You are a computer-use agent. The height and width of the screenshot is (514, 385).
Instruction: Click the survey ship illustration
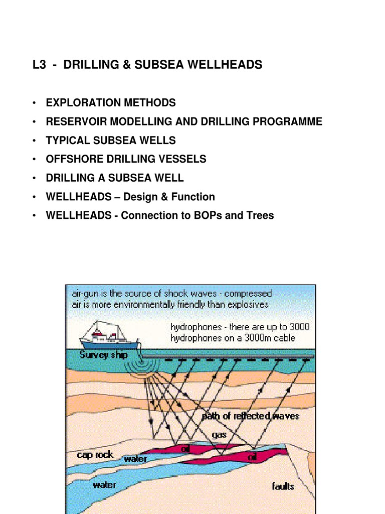point(109,336)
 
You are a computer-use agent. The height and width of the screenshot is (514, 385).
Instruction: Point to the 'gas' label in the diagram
point(219,435)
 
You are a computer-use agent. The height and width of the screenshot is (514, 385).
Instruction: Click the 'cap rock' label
point(95,455)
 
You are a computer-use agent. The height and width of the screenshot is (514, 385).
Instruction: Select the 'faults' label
point(283,486)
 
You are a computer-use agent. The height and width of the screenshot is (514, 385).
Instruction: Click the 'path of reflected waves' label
point(250,416)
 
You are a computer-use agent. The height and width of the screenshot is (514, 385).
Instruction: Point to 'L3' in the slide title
point(39,65)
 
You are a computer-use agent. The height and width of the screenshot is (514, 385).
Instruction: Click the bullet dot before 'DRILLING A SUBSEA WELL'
point(34,178)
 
